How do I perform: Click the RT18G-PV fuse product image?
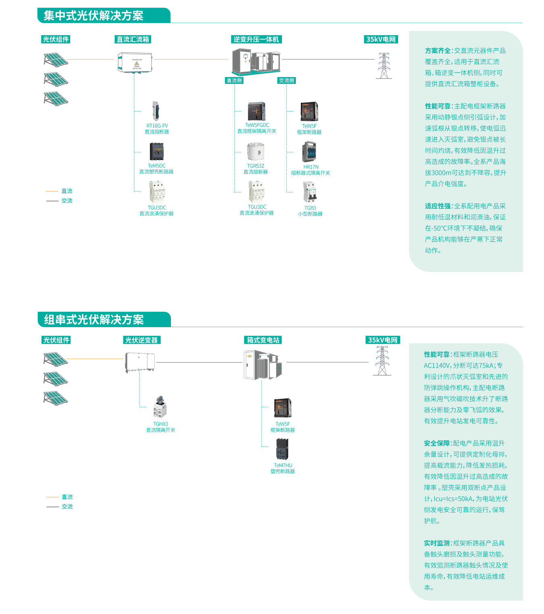point(156,111)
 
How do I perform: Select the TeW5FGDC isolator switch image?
point(257,112)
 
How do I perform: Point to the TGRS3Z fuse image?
point(255,152)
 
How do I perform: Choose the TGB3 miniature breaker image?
point(310,193)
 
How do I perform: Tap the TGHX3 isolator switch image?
point(160,407)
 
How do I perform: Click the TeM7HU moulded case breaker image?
point(282,450)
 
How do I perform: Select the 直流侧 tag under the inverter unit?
point(234,81)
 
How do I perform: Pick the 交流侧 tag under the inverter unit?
point(287,81)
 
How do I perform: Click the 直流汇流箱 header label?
point(133,39)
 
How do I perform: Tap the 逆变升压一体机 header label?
point(256,39)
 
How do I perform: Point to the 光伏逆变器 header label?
point(141,340)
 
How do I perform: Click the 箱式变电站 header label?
point(263,340)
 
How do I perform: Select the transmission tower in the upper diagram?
point(384,66)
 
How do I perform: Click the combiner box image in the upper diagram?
point(135,62)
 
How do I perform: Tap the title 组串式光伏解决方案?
point(94,320)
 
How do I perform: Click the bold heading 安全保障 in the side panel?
point(436,443)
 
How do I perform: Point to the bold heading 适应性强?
point(438,206)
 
